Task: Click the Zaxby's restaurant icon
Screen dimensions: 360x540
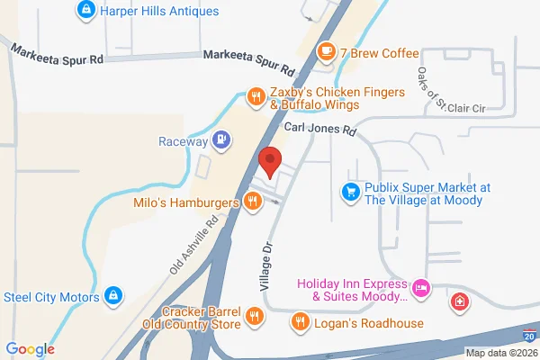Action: click(x=256, y=95)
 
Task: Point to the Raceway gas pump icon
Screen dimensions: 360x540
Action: click(x=220, y=140)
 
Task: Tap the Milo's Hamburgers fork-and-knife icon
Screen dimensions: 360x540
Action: click(x=253, y=202)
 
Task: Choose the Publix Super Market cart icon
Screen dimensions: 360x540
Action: click(x=350, y=192)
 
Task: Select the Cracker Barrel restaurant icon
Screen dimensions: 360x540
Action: click(x=256, y=316)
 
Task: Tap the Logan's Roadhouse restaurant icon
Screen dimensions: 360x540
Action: click(x=301, y=321)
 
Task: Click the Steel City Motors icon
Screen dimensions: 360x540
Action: click(x=113, y=294)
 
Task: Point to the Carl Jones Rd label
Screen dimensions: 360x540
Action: click(x=321, y=130)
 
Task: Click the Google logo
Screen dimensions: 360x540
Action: click(x=31, y=349)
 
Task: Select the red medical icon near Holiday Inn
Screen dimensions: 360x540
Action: click(x=459, y=301)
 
